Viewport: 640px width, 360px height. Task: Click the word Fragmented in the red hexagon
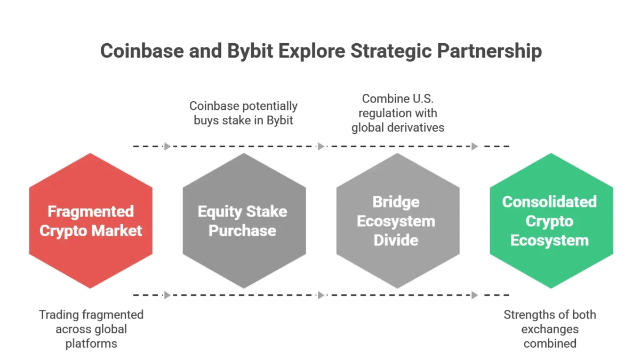(91, 212)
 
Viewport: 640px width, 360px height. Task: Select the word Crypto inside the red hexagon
(62, 231)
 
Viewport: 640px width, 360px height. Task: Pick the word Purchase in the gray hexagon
(242, 231)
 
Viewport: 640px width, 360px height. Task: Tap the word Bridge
(396, 202)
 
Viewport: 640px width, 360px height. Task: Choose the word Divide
(396, 240)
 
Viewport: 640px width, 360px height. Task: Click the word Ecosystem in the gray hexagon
(396, 221)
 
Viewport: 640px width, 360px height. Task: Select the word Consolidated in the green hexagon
(549, 202)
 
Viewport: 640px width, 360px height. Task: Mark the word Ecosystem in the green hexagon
(549, 240)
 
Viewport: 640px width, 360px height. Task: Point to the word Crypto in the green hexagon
(549, 221)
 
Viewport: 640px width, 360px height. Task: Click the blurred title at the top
(322, 53)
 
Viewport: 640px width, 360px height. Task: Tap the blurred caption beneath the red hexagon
(92, 330)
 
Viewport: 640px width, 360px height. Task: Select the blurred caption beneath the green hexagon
(550, 330)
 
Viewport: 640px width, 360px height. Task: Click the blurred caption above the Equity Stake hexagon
(243, 113)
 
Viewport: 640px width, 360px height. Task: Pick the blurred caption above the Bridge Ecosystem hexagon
(398, 113)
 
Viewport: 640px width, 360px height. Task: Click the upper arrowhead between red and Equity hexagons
(168, 146)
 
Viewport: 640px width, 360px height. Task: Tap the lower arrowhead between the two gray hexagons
(321, 294)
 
